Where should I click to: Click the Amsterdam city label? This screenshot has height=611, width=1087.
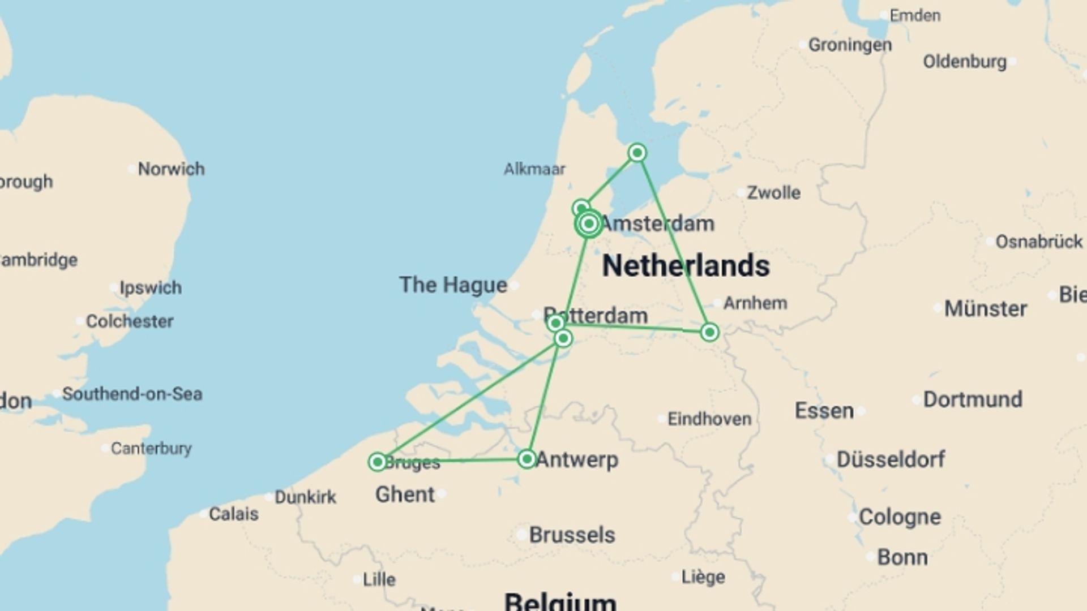[657, 223]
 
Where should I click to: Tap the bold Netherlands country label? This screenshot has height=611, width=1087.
[686, 265]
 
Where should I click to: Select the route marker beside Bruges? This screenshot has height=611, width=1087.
[378, 462]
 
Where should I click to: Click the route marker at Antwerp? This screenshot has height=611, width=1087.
[527, 459]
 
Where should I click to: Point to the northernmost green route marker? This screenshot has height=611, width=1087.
[637, 153]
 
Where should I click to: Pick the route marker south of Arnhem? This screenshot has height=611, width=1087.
[709, 332]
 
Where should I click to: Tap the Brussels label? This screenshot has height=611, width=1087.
[572, 535]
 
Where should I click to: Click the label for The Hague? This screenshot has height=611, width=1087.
[453, 285]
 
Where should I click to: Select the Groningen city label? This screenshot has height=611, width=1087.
[850, 45]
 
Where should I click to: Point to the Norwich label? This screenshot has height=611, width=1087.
[171, 169]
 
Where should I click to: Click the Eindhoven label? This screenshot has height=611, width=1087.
[709, 419]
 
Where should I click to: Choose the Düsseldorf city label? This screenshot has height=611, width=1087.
[891, 459]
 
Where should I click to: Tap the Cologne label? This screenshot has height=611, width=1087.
[900, 517]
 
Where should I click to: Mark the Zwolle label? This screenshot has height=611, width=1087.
[773, 192]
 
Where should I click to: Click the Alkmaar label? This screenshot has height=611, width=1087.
[534, 169]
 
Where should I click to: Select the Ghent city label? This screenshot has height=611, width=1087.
[405, 494]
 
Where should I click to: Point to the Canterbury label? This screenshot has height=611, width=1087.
[151, 448]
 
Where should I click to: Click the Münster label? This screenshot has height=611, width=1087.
[985, 308]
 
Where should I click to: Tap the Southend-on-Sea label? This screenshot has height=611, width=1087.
[132, 394]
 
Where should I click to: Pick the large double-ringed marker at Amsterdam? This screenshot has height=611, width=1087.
[589, 224]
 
